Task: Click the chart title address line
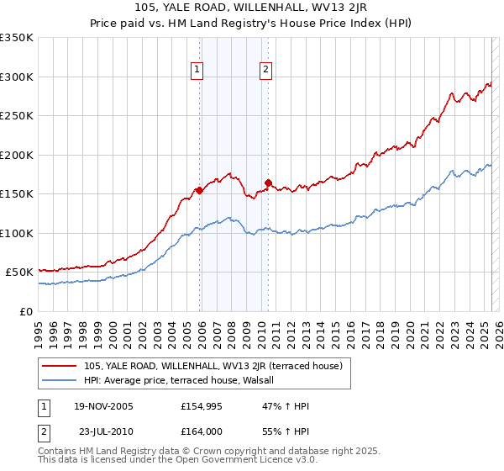[x=251, y=9]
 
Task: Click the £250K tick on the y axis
[x=17, y=116]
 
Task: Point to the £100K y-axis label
[x=17, y=233]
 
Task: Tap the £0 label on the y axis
[x=25, y=311]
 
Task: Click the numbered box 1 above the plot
[x=197, y=71]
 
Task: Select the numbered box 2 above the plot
[x=265, y=71]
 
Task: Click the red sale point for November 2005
[x=199, y=190]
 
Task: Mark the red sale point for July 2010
[x=268, y=183]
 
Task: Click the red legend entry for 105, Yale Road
[x=213, y=366]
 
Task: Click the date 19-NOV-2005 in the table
[x=103, y=406]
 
